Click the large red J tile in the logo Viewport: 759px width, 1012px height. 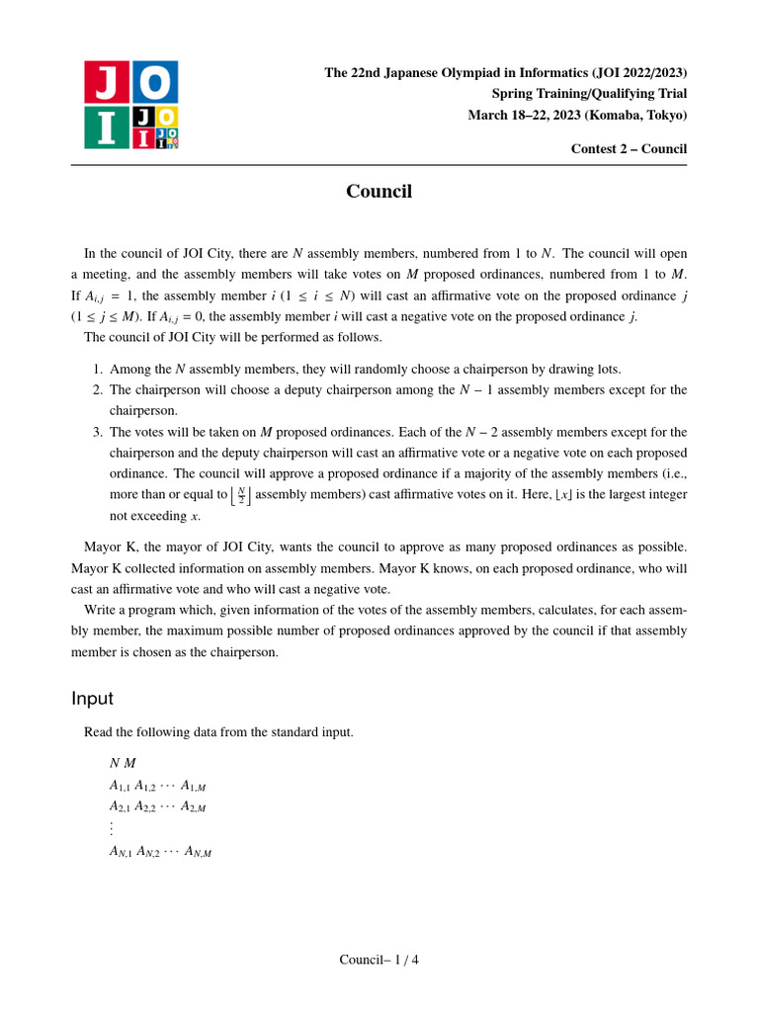[107, 82]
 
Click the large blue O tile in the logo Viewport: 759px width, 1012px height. [155, 82]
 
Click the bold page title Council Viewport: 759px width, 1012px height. [379, 192]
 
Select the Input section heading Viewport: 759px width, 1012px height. [92, 699]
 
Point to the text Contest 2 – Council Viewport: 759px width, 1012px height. [629, 149]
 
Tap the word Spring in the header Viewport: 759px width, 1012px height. [511, 94]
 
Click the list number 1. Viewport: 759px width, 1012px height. [98, 370]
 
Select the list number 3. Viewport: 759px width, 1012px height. [98, 432]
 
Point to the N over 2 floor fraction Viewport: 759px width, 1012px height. [241, 495]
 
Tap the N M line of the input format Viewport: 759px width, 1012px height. [123, 763]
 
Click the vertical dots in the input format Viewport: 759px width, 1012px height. [112, 828]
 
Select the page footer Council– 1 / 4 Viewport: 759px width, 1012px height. [379, 960]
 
